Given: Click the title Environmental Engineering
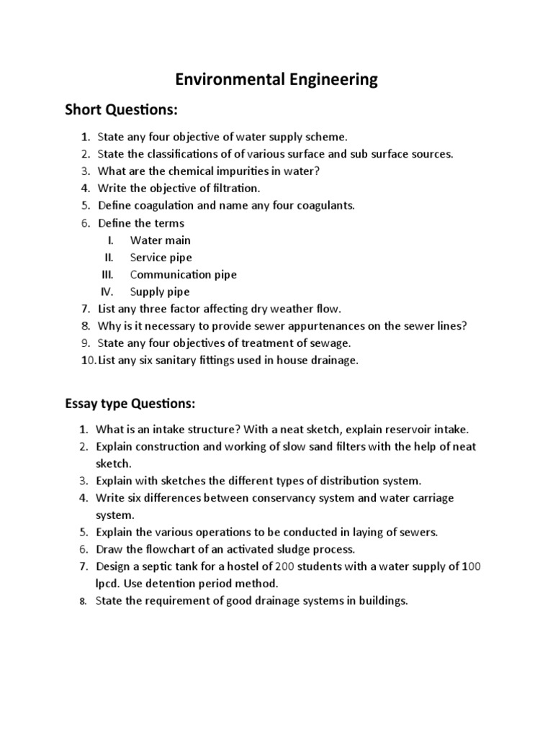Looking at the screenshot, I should (277, 79).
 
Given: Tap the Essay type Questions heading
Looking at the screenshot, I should (130, 402).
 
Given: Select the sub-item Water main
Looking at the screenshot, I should (160, 240).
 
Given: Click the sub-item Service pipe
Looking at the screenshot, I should (161, 257).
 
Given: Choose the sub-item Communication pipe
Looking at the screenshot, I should (183, 274).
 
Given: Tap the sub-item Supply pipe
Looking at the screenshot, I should (160, 291).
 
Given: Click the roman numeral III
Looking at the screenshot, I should (107, 274).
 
